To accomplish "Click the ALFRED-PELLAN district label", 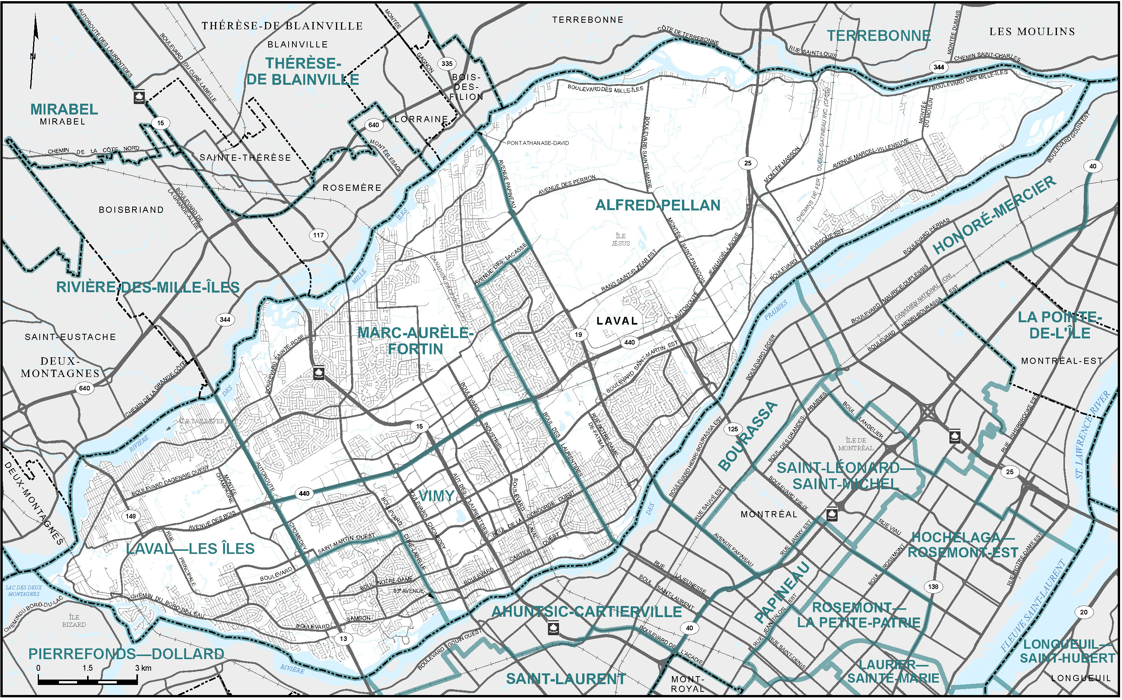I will [657, 205].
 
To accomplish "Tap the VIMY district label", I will [436, 496].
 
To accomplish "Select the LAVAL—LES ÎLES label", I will [190, 549].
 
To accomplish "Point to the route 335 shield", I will [447, 64].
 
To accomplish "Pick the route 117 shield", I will [318, 235].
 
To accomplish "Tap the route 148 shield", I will [131, 516].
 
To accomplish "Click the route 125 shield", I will [732, 429].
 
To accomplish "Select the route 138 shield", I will [933, 587].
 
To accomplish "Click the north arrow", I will [34, 51].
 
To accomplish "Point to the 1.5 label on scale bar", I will [87, 668].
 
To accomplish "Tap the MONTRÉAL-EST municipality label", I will [1062, 361].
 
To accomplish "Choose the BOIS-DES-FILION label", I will [467, 87].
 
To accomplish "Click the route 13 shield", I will [343, 639].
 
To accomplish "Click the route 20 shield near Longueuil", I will [1083, 612].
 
